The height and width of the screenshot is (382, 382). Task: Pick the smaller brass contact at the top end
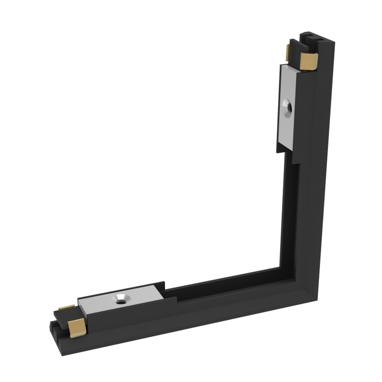tap(289, 51)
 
